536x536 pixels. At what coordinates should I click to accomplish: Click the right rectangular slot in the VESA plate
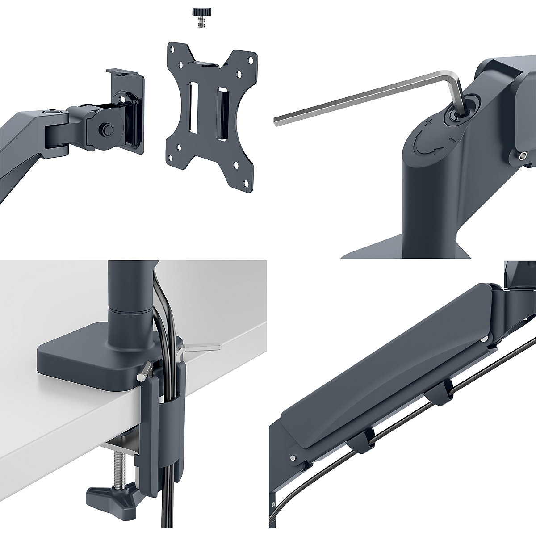222,109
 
